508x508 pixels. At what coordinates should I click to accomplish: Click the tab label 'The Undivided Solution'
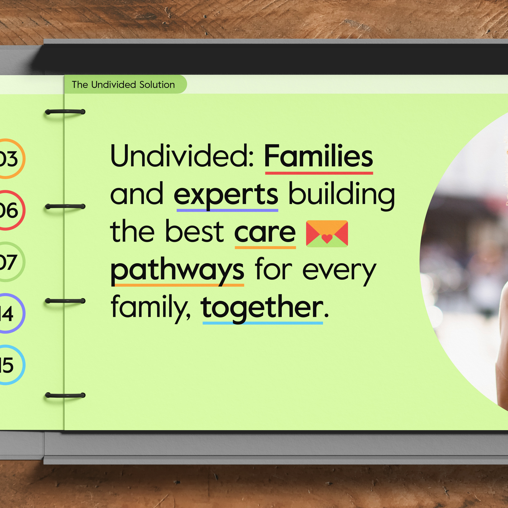[x=123, y=85]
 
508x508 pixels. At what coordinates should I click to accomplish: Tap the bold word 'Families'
[x=319, y=156]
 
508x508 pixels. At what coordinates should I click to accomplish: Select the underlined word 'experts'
[x=226, y=195]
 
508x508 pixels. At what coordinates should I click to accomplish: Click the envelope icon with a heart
[x=327, y=234]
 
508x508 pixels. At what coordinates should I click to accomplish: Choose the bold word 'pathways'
[x=177, y=271]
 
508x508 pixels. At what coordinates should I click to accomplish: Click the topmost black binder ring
[x=65, y=112]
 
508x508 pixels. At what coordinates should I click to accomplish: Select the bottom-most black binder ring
[x=65, y=395]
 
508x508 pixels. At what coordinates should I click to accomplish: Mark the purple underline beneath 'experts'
[x=227, y=210]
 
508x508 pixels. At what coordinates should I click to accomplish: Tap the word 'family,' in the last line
[x=150, y=308]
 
